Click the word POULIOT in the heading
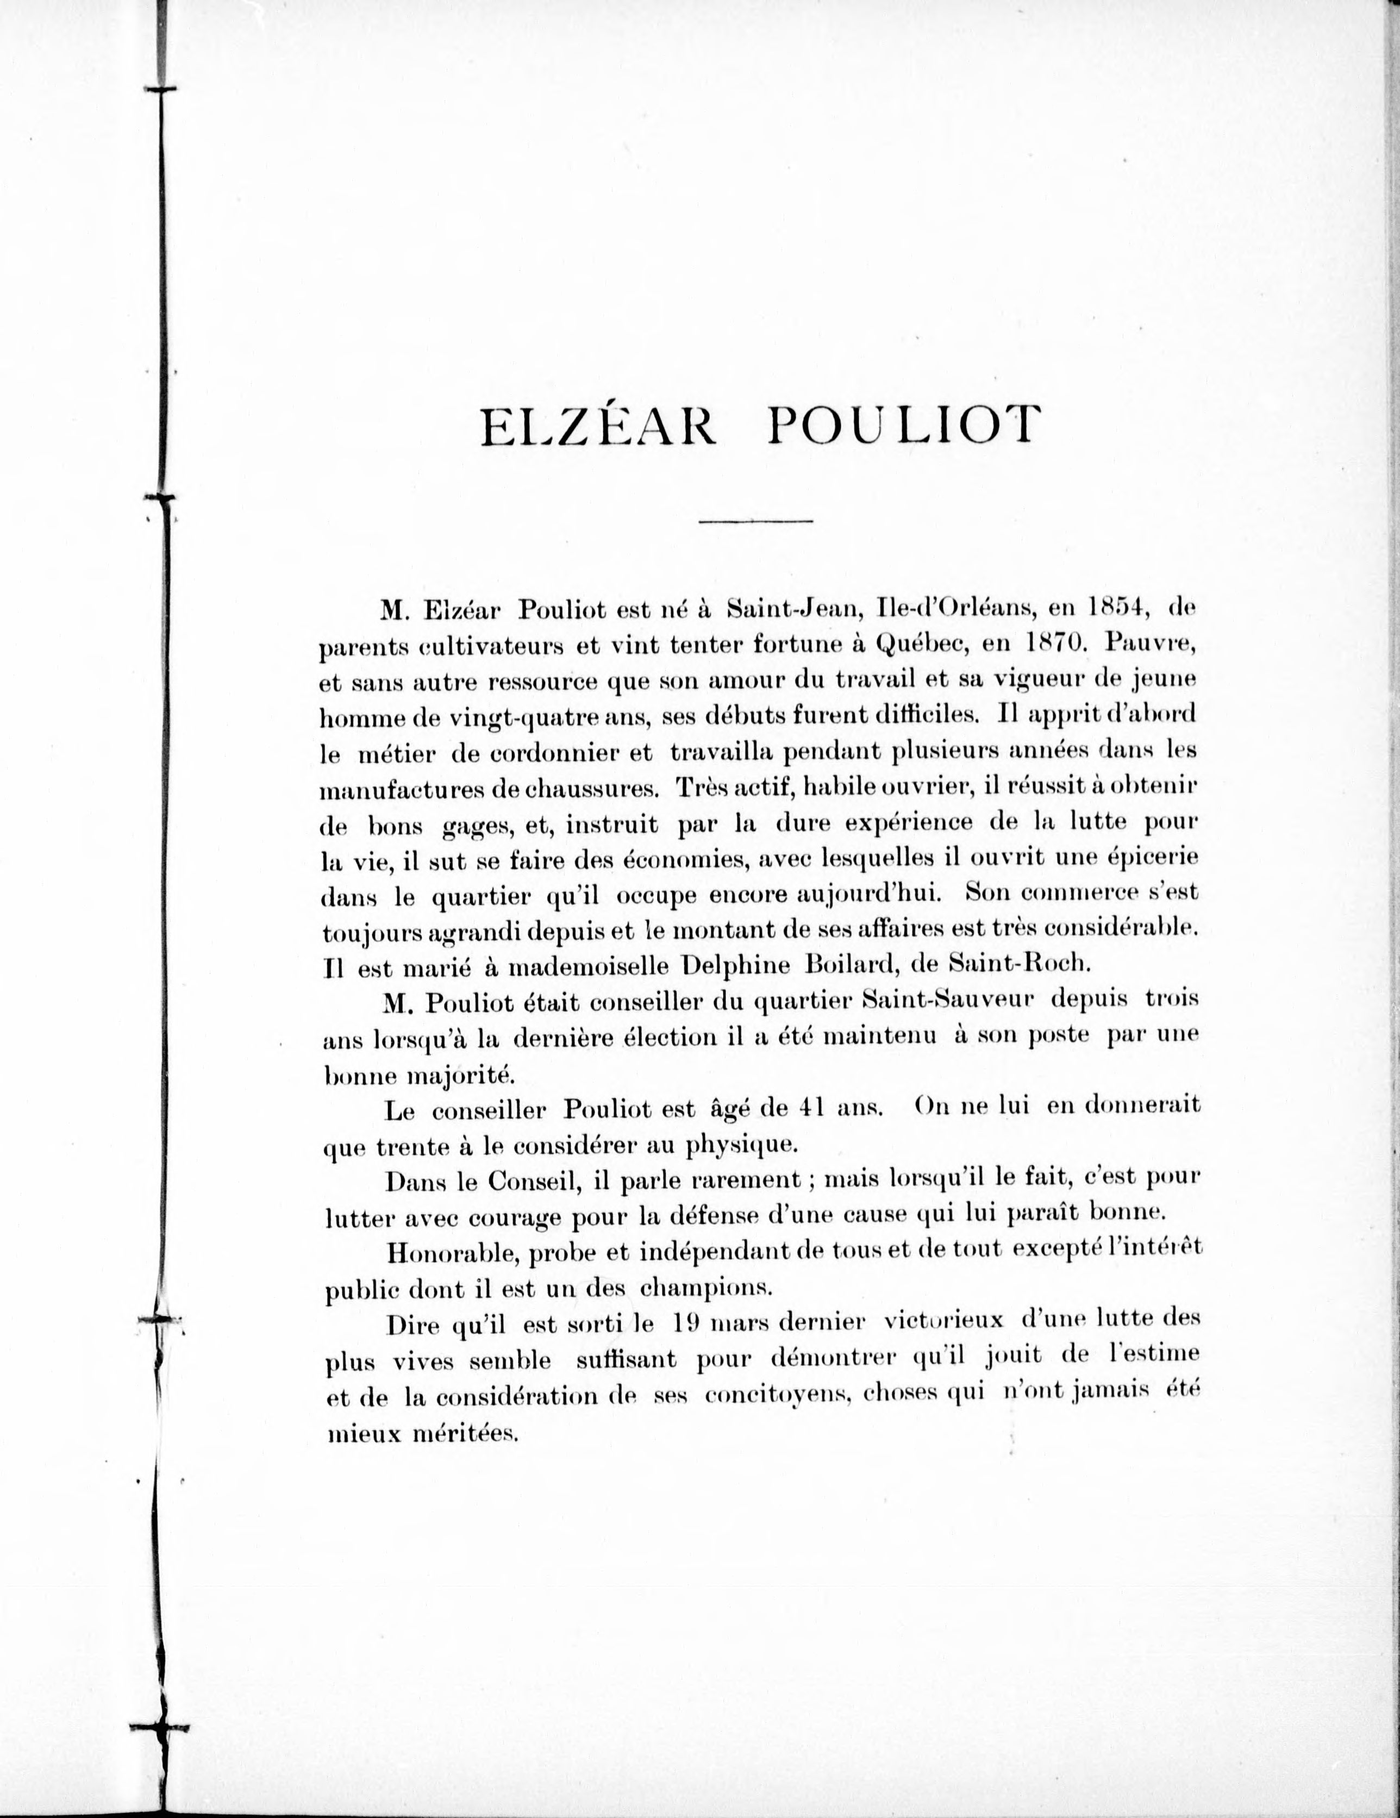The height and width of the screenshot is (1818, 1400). click(904, 429)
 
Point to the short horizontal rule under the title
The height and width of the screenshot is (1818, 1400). click(757, 522)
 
